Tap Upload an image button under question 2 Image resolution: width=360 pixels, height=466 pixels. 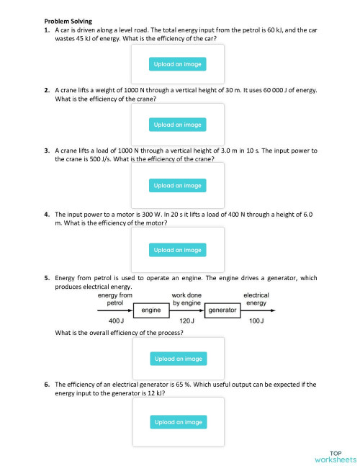tap(178, 125)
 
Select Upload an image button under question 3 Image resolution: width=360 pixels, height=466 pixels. tap(178, 185)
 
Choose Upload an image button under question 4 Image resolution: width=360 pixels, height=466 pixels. tap(178, 250)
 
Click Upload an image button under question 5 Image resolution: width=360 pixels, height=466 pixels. tap(178, 358)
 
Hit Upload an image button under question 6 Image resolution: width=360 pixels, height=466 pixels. tap(178, 422)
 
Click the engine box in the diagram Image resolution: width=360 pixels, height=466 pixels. tap(150, 310)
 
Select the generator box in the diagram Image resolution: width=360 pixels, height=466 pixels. tap(222, 310)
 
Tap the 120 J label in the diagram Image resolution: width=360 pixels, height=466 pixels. tap(185, 320)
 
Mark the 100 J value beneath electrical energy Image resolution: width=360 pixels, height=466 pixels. tap(256, 320)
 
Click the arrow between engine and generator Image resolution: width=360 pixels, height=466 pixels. tap(185, 310)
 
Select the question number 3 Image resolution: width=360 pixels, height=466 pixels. tap(47, 151)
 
